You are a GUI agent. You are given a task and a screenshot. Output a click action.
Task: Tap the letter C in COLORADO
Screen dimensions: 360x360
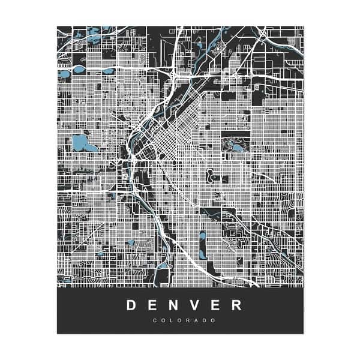click(x=155, y=320)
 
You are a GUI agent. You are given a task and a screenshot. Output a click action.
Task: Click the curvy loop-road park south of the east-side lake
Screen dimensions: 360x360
click(x=211, y=176)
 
